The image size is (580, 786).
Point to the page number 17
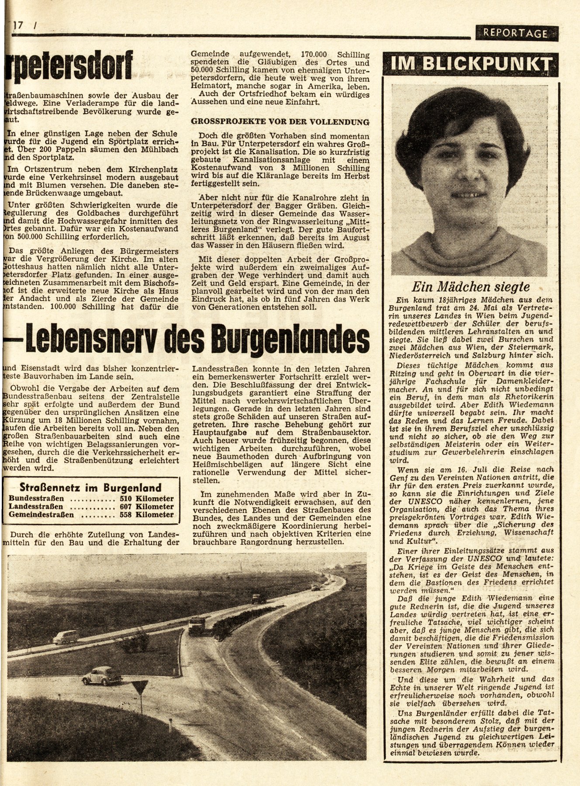pos(18,26)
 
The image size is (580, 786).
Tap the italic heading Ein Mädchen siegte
pos(471,287)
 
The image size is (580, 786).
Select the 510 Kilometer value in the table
pos(146,499)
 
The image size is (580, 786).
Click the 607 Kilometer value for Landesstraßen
pos(146,507)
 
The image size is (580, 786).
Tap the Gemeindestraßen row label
pos(41,515)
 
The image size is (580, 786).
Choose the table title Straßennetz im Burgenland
pos(91,488)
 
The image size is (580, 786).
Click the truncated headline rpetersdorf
pos(68,66)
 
